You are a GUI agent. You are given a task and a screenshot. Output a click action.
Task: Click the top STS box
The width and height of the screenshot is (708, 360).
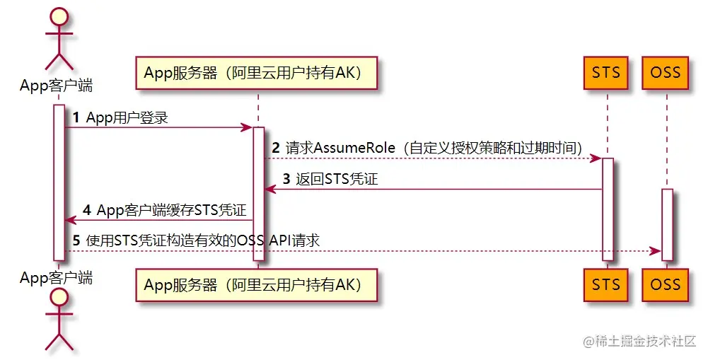click(x=606, y=73)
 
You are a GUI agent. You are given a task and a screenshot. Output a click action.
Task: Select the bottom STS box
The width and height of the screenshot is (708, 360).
click(x=606, y=284)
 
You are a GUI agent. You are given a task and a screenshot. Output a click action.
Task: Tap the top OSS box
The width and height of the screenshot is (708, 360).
click(x=665, y=73)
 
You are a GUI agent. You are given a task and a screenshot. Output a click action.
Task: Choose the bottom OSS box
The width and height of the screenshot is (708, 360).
click(x=665, y=284)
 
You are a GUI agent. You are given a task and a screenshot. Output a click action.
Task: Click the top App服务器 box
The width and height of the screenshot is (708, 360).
click(x=258, y=73)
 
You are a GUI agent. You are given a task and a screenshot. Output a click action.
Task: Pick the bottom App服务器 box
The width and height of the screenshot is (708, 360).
click(x=258, y=284)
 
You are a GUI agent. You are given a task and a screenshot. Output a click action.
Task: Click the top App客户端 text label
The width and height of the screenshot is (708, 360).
click(x=57, y=86)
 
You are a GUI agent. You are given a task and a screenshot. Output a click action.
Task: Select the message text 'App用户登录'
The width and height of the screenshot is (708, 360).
click(x=127, y=118)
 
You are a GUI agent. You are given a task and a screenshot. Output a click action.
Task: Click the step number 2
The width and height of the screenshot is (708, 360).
click(x=276, y=149)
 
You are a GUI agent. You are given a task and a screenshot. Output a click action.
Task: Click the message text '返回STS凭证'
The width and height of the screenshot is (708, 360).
click(x=337, y=180)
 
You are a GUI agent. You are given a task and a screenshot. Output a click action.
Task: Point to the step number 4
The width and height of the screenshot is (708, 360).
click(x=87, y=211)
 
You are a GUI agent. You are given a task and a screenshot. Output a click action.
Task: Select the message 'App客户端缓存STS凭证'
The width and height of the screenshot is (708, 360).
click(x=171, y=211)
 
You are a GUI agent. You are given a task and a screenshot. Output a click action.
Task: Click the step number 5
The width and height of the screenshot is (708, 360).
click(x=76, y=241)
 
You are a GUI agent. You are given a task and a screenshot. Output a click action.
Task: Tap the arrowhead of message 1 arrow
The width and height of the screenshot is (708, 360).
click(x=248, y=127)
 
